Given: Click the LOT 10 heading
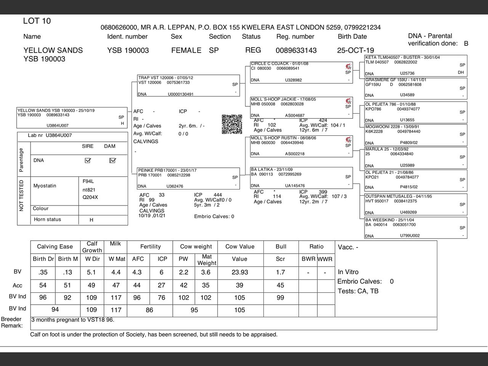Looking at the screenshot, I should click(x=37, y=21).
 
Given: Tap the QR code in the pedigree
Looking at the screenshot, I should click(x=232, y=124).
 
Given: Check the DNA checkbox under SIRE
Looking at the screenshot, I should click(x=88, y=161).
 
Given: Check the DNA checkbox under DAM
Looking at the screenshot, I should click(x=112, y=161).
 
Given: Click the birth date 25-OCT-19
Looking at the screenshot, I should click(x=355, y=50).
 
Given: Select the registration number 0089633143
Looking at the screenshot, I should click(x=296, y=50).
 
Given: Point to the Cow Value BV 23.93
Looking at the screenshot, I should click(x=239, y=272).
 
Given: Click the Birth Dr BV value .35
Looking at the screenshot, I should click(x=43, y=272).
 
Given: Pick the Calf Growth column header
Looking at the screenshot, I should click(x=92, y=247).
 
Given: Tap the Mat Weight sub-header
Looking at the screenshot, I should click(x=207, y=260).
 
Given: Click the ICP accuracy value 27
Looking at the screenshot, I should click(x=162, y=285).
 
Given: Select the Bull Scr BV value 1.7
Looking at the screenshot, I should click(x=280, y=272).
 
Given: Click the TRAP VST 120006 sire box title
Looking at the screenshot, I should click(x=165, y=78).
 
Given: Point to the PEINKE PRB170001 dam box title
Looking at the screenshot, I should click(x=167, y=170).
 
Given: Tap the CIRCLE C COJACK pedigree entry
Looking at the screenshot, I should click(x=279, y=64).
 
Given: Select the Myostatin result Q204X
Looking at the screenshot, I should click(x=90, y=197).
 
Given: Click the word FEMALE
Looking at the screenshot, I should click(x=186, y=50).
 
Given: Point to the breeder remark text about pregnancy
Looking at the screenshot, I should click(x=73, y=320).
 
